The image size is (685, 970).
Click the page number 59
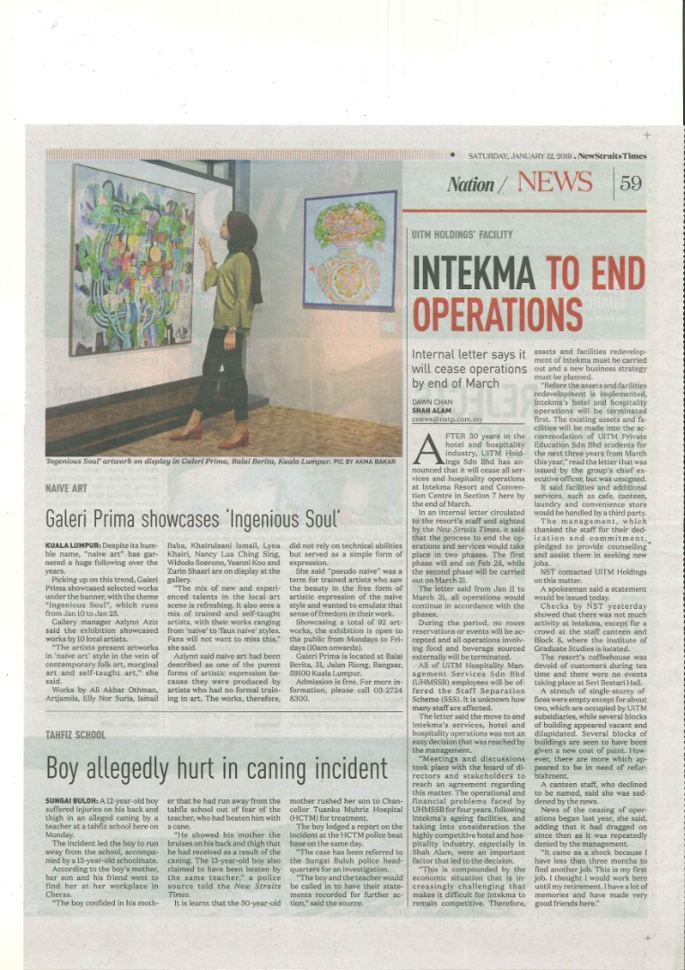pyautogui.click(x=631, y=183)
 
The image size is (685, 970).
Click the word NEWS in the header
pyautogui.click(x=555, y=182)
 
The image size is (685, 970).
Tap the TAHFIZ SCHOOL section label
pyautogui.click(x=75, y=735)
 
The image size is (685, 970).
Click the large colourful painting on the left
pyautogui.click(x=133, y=261)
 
